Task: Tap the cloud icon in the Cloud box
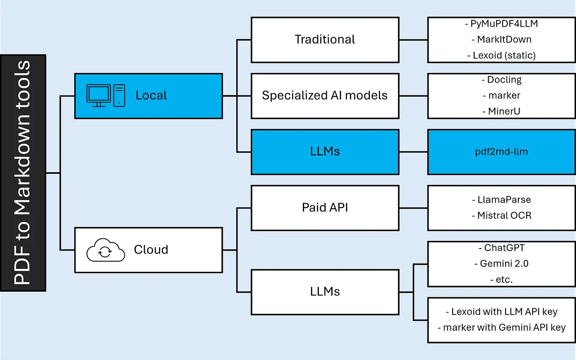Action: (106, 250)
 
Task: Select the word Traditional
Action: (325, 39)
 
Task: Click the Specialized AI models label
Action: (325, 95)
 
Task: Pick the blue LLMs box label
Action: (325, 151)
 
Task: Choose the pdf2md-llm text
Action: (501, 152)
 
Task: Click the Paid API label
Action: (325, 207)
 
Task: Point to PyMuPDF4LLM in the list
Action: (504, 24)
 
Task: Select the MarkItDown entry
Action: (504, 39)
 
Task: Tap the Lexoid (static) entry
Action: (504, 55)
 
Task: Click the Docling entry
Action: (504, 80)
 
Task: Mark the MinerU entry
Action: (504, 111)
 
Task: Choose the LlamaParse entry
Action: (504, 199)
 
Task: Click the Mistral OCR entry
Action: (504, 215)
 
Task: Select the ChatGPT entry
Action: (504, 248)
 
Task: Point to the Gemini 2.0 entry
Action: (504, 263)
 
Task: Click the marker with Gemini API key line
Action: (504, 327)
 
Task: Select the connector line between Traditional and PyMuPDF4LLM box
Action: (413, 40)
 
